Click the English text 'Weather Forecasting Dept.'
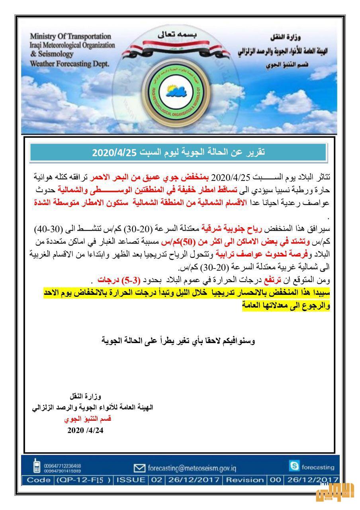tap(69, 63)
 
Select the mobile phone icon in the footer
tap(37, 466)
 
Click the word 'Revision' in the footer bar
tap(245, 480)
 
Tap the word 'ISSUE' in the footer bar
tap(131, 480)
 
